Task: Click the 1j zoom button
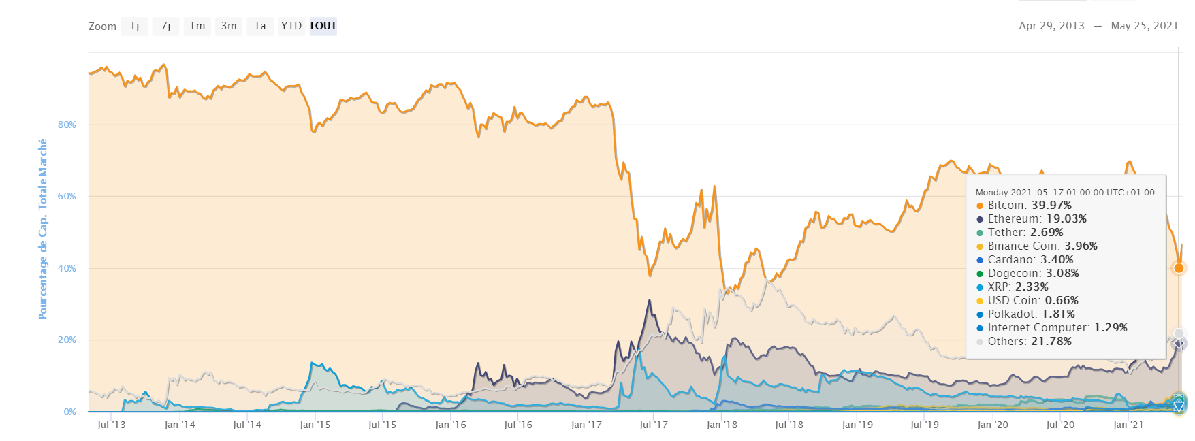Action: (x=134, y=26)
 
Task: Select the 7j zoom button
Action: (x=165, y=26)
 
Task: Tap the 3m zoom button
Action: (x=229, y=26)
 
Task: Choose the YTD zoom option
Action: (x=291, y=26)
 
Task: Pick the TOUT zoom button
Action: (x=323, y=26)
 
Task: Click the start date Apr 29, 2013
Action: (x=1051, y=26)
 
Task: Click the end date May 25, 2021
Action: (x=1144, y=26)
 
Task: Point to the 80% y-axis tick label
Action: (x=67, y=125)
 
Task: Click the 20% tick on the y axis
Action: (x=67, y=340)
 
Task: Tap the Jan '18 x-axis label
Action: (x=722, y=425)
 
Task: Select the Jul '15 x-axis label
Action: (x=382, y=425)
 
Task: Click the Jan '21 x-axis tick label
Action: (x=1128, y=425)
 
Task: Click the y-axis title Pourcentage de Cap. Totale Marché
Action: (x=43, y=229)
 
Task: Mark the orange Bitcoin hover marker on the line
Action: (x=1179, y=268)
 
